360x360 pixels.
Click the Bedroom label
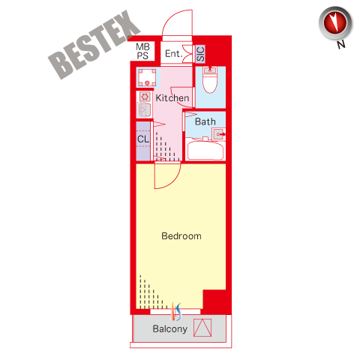pyautogui.click(x=181, y=236)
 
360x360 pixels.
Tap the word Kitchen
pyautogui.click(x=172, y=97)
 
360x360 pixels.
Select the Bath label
pyautogui.click(x=205, y=121)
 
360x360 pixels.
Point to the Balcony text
pyautogui.click(x=170, y=329)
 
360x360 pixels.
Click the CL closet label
pyautogui.click(x=143, y=139)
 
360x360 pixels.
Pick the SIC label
pyautogui.click(x=200, y=54)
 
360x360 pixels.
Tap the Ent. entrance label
pyautogui.click(x=172, y=53)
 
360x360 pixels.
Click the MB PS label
pyautogui.click(x=142, y=51)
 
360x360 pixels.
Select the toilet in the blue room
pyautogui.click(x=210, y=79)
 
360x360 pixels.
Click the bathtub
pyautogui.click(x=205, y=151)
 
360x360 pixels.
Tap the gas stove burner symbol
pyautogui.click(x=145, y=96)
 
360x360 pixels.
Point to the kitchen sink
pyautogui.click(x=144, y=110)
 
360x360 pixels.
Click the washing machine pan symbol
pyautogui.click(x=148, y=77)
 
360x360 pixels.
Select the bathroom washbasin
pyautogui.click(x=218, y=134)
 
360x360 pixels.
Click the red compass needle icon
pyautogui.click(x=335, y=23)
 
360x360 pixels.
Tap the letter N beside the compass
pyautogui.click(x=341, y=44)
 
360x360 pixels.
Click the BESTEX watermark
pyautogui.click(x=94, y=45)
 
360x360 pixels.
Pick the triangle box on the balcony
pyautogui.click(x=202, y=328)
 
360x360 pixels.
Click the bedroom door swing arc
pyautogui.click(x=172, y=181)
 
